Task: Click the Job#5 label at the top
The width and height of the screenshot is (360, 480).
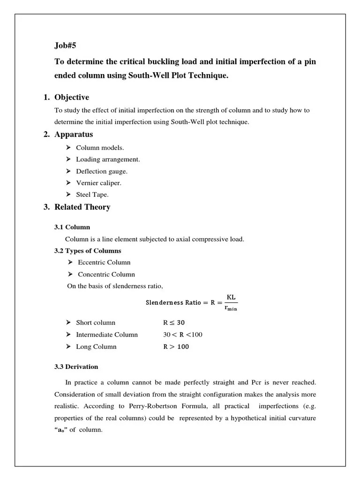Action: [65, 46]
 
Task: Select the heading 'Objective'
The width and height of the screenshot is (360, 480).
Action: [72, 97]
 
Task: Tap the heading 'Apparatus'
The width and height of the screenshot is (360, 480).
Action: [74, 135]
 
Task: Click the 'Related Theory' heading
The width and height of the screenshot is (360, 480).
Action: [82, 207]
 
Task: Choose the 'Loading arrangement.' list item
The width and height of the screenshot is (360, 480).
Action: [108, 159]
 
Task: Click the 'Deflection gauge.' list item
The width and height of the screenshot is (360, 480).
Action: [102, 172]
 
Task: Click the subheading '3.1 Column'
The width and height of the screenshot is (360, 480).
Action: [72, 227]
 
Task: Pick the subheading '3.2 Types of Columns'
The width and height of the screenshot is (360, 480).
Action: [88, 251]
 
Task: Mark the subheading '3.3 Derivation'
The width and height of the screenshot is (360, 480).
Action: [76, 367]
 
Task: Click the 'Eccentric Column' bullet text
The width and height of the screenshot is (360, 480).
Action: [104, 262]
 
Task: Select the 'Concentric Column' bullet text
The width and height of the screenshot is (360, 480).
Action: [106, 274]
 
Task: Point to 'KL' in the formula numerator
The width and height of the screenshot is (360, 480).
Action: [231, 297]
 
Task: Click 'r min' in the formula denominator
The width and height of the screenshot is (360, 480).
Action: [231, 308]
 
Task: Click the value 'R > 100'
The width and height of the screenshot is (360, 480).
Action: [176, 347]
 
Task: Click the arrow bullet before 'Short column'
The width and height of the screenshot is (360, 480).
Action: [67, 322]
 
